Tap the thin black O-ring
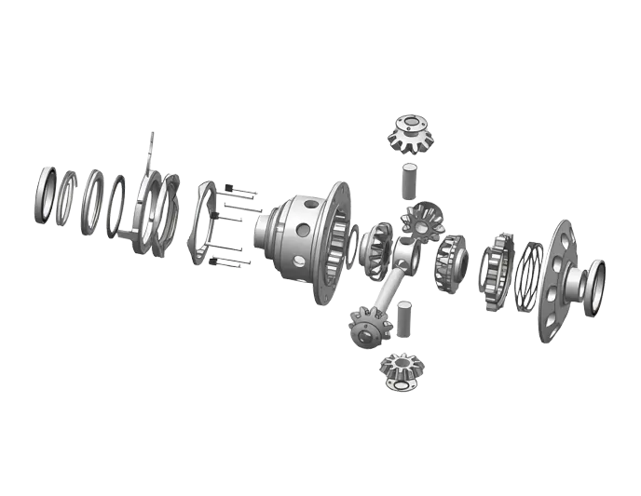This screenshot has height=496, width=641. pyautogui.click(x=116, y=207)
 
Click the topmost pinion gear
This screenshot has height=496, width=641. pyautogui.click(x=407, y=132)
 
